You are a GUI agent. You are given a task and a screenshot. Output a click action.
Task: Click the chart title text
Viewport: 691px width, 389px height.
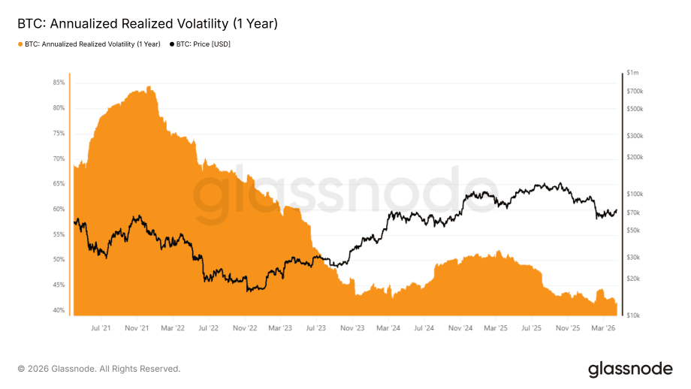[x=147, y=24]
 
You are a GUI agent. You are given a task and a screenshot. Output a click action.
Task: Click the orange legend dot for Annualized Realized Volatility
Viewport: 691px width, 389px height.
[x=20, y=44]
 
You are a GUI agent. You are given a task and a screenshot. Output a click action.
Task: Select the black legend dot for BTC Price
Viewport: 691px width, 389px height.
[x=171, y=44]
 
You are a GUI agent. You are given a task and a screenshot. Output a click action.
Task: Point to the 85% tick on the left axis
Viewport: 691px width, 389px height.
[x=59, y=83]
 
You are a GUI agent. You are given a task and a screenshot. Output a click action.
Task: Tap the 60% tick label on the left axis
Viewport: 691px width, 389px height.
[x=59, y=210]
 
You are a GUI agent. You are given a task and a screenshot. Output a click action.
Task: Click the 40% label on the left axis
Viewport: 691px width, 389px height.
[x=59, y=311]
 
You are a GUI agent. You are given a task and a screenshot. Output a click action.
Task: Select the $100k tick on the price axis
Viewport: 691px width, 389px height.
[x=635, y=194]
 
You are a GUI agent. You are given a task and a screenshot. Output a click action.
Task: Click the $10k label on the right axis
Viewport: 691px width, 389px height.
[x=633, y=315]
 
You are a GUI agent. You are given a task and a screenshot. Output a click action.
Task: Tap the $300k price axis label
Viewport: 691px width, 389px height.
[x=635, y=136]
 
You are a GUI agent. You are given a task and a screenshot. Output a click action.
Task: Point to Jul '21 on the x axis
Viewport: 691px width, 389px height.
[x=100, y=328]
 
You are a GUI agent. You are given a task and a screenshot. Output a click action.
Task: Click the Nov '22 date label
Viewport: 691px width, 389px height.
[x=246, y=328]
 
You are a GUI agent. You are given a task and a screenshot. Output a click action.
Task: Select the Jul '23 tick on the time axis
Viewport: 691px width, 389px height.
[x=316, y=328]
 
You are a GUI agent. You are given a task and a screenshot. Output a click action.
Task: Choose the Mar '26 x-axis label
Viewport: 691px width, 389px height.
[x=605, y=328]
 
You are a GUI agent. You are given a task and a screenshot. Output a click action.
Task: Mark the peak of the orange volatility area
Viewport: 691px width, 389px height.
[x=149, y=86]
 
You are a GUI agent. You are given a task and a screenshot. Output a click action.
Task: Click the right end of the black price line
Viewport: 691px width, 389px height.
[x=617, y=211]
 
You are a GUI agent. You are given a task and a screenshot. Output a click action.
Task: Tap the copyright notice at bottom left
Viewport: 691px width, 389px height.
[x=99, y=369]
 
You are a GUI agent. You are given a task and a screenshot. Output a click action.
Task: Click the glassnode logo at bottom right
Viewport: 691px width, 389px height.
[x=630, y=369]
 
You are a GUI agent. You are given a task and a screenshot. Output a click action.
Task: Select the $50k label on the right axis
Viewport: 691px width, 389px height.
[x=633, y=231]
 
